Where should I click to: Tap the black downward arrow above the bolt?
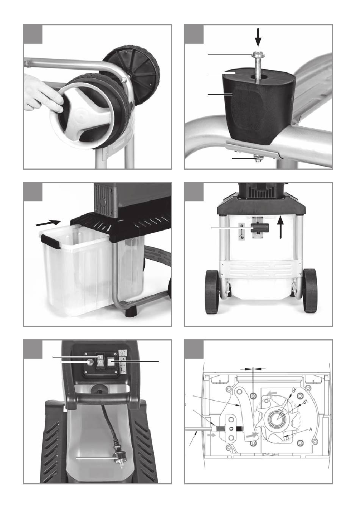pyautogui.click(x=258, y=37)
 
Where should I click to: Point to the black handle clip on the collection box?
pyautogui.click(x=50, y=242)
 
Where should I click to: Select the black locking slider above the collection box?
pyautogui.click(x=260, y=228)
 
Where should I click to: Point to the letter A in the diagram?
pyautogui.click(x=310, y=429)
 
